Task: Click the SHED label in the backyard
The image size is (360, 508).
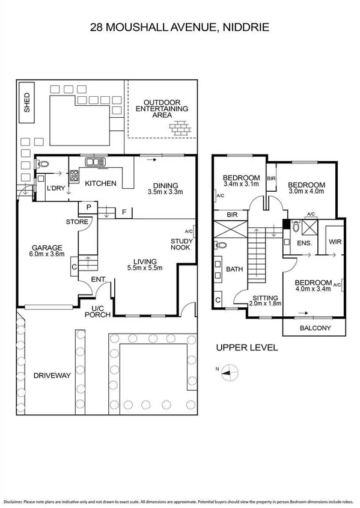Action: click(27, 103)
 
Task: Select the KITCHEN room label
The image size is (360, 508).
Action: click(100, 183)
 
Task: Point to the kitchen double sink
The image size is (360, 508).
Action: click(96, 161)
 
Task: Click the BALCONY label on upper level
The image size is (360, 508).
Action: click(314, 328)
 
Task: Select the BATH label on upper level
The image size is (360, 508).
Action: click(234, 269)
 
